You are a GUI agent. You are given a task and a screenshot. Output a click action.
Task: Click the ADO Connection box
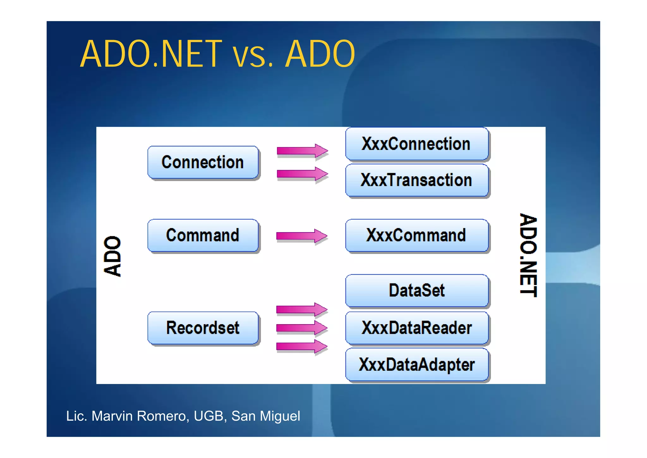[203, 162]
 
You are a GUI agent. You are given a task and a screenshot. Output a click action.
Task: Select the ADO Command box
[203, 235]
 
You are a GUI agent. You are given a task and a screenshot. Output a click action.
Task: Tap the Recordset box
[203, 328]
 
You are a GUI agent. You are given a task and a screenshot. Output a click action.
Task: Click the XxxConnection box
[416, 144]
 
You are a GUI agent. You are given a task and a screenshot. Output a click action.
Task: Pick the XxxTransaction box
[416, 180]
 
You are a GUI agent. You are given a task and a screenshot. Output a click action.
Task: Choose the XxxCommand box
[416, 235]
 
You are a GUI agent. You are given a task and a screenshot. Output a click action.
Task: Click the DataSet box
[416, 290]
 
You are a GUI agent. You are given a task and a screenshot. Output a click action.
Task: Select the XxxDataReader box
[416, 328]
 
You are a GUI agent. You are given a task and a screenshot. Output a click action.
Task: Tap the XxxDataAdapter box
[416, 364]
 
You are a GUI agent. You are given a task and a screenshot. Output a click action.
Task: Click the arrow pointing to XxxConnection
[302, 151]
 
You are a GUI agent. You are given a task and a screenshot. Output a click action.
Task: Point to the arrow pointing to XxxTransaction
[302, 174]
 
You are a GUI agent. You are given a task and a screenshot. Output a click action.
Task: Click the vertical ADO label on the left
[112, 256]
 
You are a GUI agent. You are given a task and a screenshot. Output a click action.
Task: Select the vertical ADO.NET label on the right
[528, 255]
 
